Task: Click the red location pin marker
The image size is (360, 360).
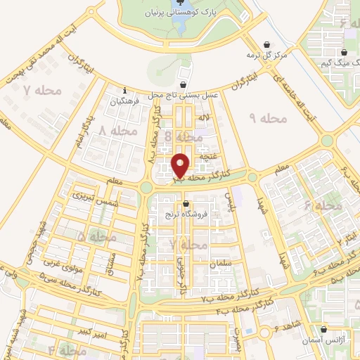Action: coord(181,165)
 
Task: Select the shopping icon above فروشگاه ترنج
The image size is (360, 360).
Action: coord(186,205)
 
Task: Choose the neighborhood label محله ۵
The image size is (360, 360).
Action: coord(96,238)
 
